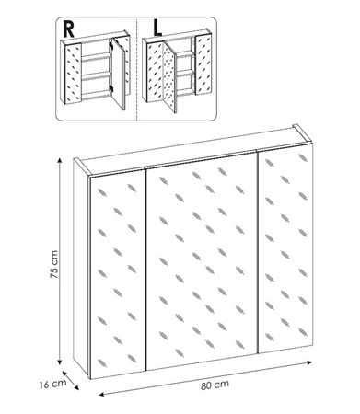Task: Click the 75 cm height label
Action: [54, 264]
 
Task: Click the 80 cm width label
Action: [215, 385]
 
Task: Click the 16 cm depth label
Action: [52, 384]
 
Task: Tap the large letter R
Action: [68, 29]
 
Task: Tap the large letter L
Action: [157, 29]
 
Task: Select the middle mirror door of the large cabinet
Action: [202, 260]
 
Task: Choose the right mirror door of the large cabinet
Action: [285, 247]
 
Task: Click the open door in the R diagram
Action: [119, 74]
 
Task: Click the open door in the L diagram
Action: [169, 76]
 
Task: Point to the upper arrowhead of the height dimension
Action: [60, 160]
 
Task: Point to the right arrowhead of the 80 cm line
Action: [308, 362]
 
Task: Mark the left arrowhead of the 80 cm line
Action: [102, 395]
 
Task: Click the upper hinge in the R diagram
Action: [111, 46]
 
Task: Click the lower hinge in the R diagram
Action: [111, 88]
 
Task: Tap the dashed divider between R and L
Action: [136, 69]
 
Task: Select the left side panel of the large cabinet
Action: [81, 267]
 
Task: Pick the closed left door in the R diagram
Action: [73, 74]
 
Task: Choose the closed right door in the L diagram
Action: [203, 65]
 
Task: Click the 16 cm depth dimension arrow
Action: [70, 381]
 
